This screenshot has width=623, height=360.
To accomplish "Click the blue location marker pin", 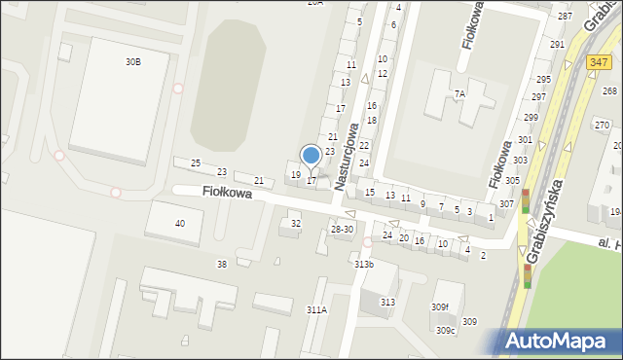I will click(x=311, y=156).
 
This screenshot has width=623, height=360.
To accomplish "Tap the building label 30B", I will click(x=132, y=61).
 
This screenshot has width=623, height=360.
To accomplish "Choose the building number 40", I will click(x=180, y=224).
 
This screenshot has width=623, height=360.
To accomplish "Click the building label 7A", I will click(x=459, y=93).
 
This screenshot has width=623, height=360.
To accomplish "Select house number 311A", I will click(x=316, y=309).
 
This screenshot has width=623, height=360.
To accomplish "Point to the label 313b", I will click(x=363, y=264).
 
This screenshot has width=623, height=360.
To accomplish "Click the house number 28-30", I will click(x=342, y=229).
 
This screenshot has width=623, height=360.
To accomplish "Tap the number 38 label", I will click(x=222, y=264).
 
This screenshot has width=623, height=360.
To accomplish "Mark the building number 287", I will click(x=565, y=17).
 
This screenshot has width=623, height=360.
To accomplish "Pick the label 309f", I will click(x=441, y=307).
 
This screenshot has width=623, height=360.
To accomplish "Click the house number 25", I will click(x=196, y=162).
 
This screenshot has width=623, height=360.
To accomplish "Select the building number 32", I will click(x=296, y=224).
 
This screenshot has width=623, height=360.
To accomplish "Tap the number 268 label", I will click(x=609, y=90).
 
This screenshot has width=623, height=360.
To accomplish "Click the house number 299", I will click(x=531, y=117).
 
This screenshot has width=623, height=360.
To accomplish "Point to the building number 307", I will click(x=506, y=203).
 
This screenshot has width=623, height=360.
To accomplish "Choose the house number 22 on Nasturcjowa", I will click(x=363, y=145).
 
